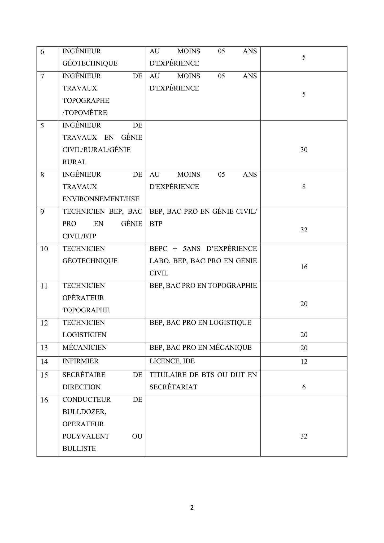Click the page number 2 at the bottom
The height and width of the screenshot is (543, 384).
[192, 507]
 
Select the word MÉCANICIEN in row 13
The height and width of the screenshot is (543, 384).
[85, 347]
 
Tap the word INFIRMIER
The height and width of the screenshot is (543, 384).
[80, 361]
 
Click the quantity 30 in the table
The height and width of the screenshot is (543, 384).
[304, 150]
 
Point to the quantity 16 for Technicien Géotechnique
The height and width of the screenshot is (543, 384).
[304, 267]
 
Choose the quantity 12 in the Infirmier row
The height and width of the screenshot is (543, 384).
[304, 362]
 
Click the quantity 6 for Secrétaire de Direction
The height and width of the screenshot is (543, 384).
[304, 387]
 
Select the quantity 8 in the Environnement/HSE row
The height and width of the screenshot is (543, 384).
[304, 187]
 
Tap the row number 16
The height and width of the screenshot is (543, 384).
[44, 400]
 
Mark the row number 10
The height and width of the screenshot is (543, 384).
[44, 249]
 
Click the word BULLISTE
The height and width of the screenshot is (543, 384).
[79, 448]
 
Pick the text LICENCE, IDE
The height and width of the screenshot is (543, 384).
[172, 361]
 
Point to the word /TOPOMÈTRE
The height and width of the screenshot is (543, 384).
[85, 113]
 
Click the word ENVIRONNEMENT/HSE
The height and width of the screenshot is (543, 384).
[101, 199]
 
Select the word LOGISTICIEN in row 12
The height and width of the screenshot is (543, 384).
[84, 335]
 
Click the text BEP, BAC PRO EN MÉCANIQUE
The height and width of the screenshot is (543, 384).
[200, 347]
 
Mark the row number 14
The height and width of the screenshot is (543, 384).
[44, 361]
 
